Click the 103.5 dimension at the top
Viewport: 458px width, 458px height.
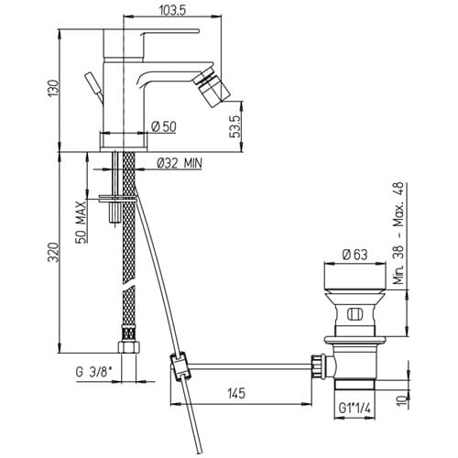[x=172, y=10]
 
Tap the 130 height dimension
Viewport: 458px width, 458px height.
[x=52, y=88]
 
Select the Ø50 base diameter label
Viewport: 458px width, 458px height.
[x=164, y=126]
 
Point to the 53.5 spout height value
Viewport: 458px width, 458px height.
[x=237, y=126]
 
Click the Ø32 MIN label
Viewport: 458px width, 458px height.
[x=180, y=163]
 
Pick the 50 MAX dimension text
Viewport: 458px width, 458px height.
[x=80, y=222]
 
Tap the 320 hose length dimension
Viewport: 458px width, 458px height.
[x=53, y=252]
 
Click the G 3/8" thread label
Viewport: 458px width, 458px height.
[x=93, y=372]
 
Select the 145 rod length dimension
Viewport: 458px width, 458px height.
[x=236, y=393]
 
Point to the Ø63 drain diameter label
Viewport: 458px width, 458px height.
[x=354, y=254]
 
